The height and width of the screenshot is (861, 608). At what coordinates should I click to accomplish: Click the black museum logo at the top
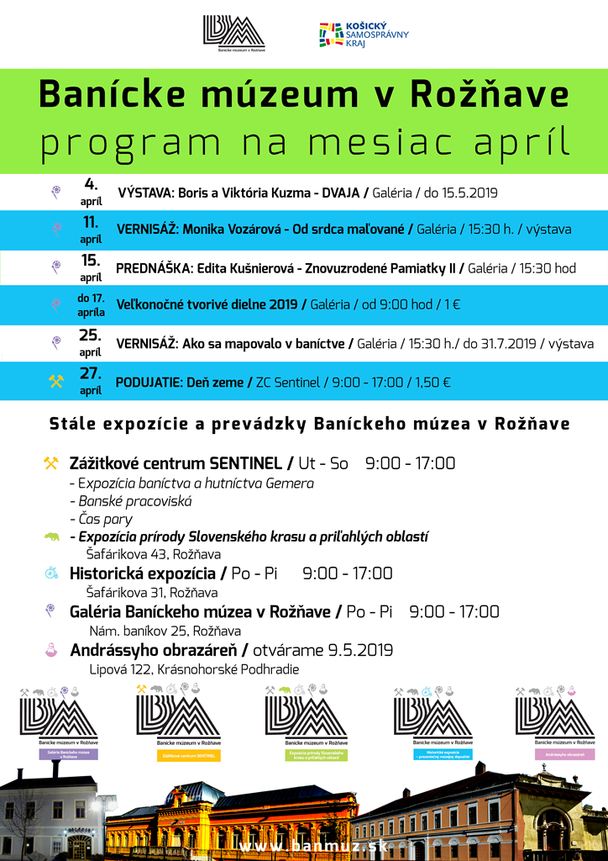tap(234, 33)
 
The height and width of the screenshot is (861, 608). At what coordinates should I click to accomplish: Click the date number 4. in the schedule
tap(91, 184)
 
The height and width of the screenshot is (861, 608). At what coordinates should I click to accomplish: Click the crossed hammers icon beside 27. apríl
tap(56, 382)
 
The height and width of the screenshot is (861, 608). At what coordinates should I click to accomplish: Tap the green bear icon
tap(52, 536)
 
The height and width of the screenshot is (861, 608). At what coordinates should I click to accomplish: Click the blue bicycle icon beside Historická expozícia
tap(52, 573)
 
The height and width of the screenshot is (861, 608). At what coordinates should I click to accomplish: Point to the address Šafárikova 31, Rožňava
tap(153, 593)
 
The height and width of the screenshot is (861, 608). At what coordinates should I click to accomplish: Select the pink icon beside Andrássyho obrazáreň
tap(52, 650)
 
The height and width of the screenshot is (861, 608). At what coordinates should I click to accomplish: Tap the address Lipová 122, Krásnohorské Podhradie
tap(194, 669)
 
